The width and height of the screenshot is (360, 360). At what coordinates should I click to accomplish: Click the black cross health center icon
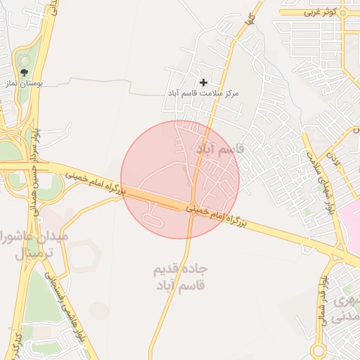204,83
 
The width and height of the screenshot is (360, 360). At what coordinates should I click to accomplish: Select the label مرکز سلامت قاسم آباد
202,93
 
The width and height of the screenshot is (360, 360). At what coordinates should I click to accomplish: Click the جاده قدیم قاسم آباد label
180,278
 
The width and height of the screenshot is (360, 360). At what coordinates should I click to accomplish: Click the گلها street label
250,21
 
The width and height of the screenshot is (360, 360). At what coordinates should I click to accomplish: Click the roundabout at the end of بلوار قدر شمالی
319,350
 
